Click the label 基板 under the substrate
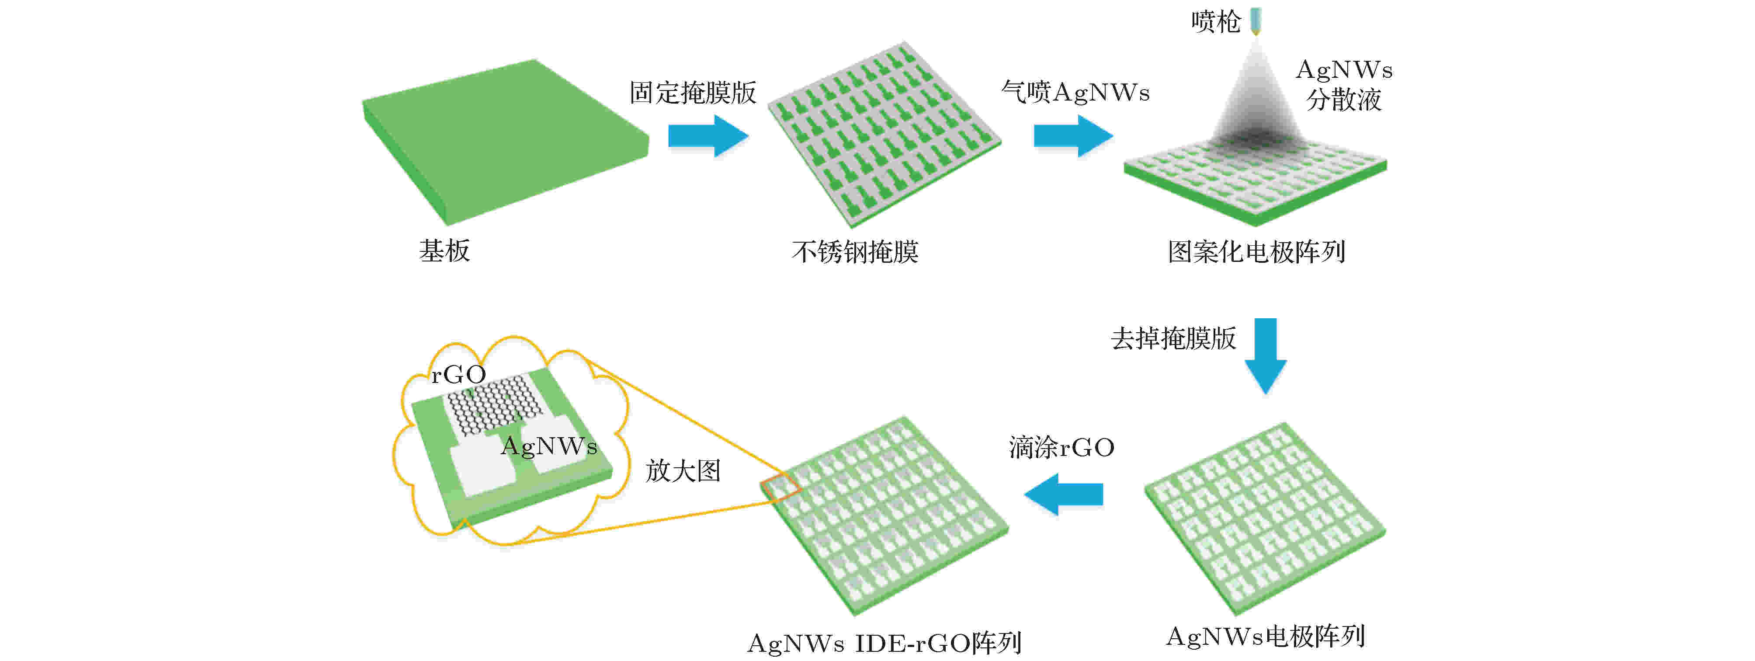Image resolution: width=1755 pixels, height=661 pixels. coord(444,251)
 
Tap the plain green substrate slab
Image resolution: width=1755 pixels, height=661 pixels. coord(505,140)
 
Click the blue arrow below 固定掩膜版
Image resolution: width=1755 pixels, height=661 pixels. coord(708,136)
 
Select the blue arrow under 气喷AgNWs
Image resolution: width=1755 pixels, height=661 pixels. coord(1073,136)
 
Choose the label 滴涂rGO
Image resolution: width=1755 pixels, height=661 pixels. coord(1061,448)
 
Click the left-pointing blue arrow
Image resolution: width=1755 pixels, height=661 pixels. coord(1064,494)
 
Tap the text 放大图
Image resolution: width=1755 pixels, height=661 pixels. coord(683,471)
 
